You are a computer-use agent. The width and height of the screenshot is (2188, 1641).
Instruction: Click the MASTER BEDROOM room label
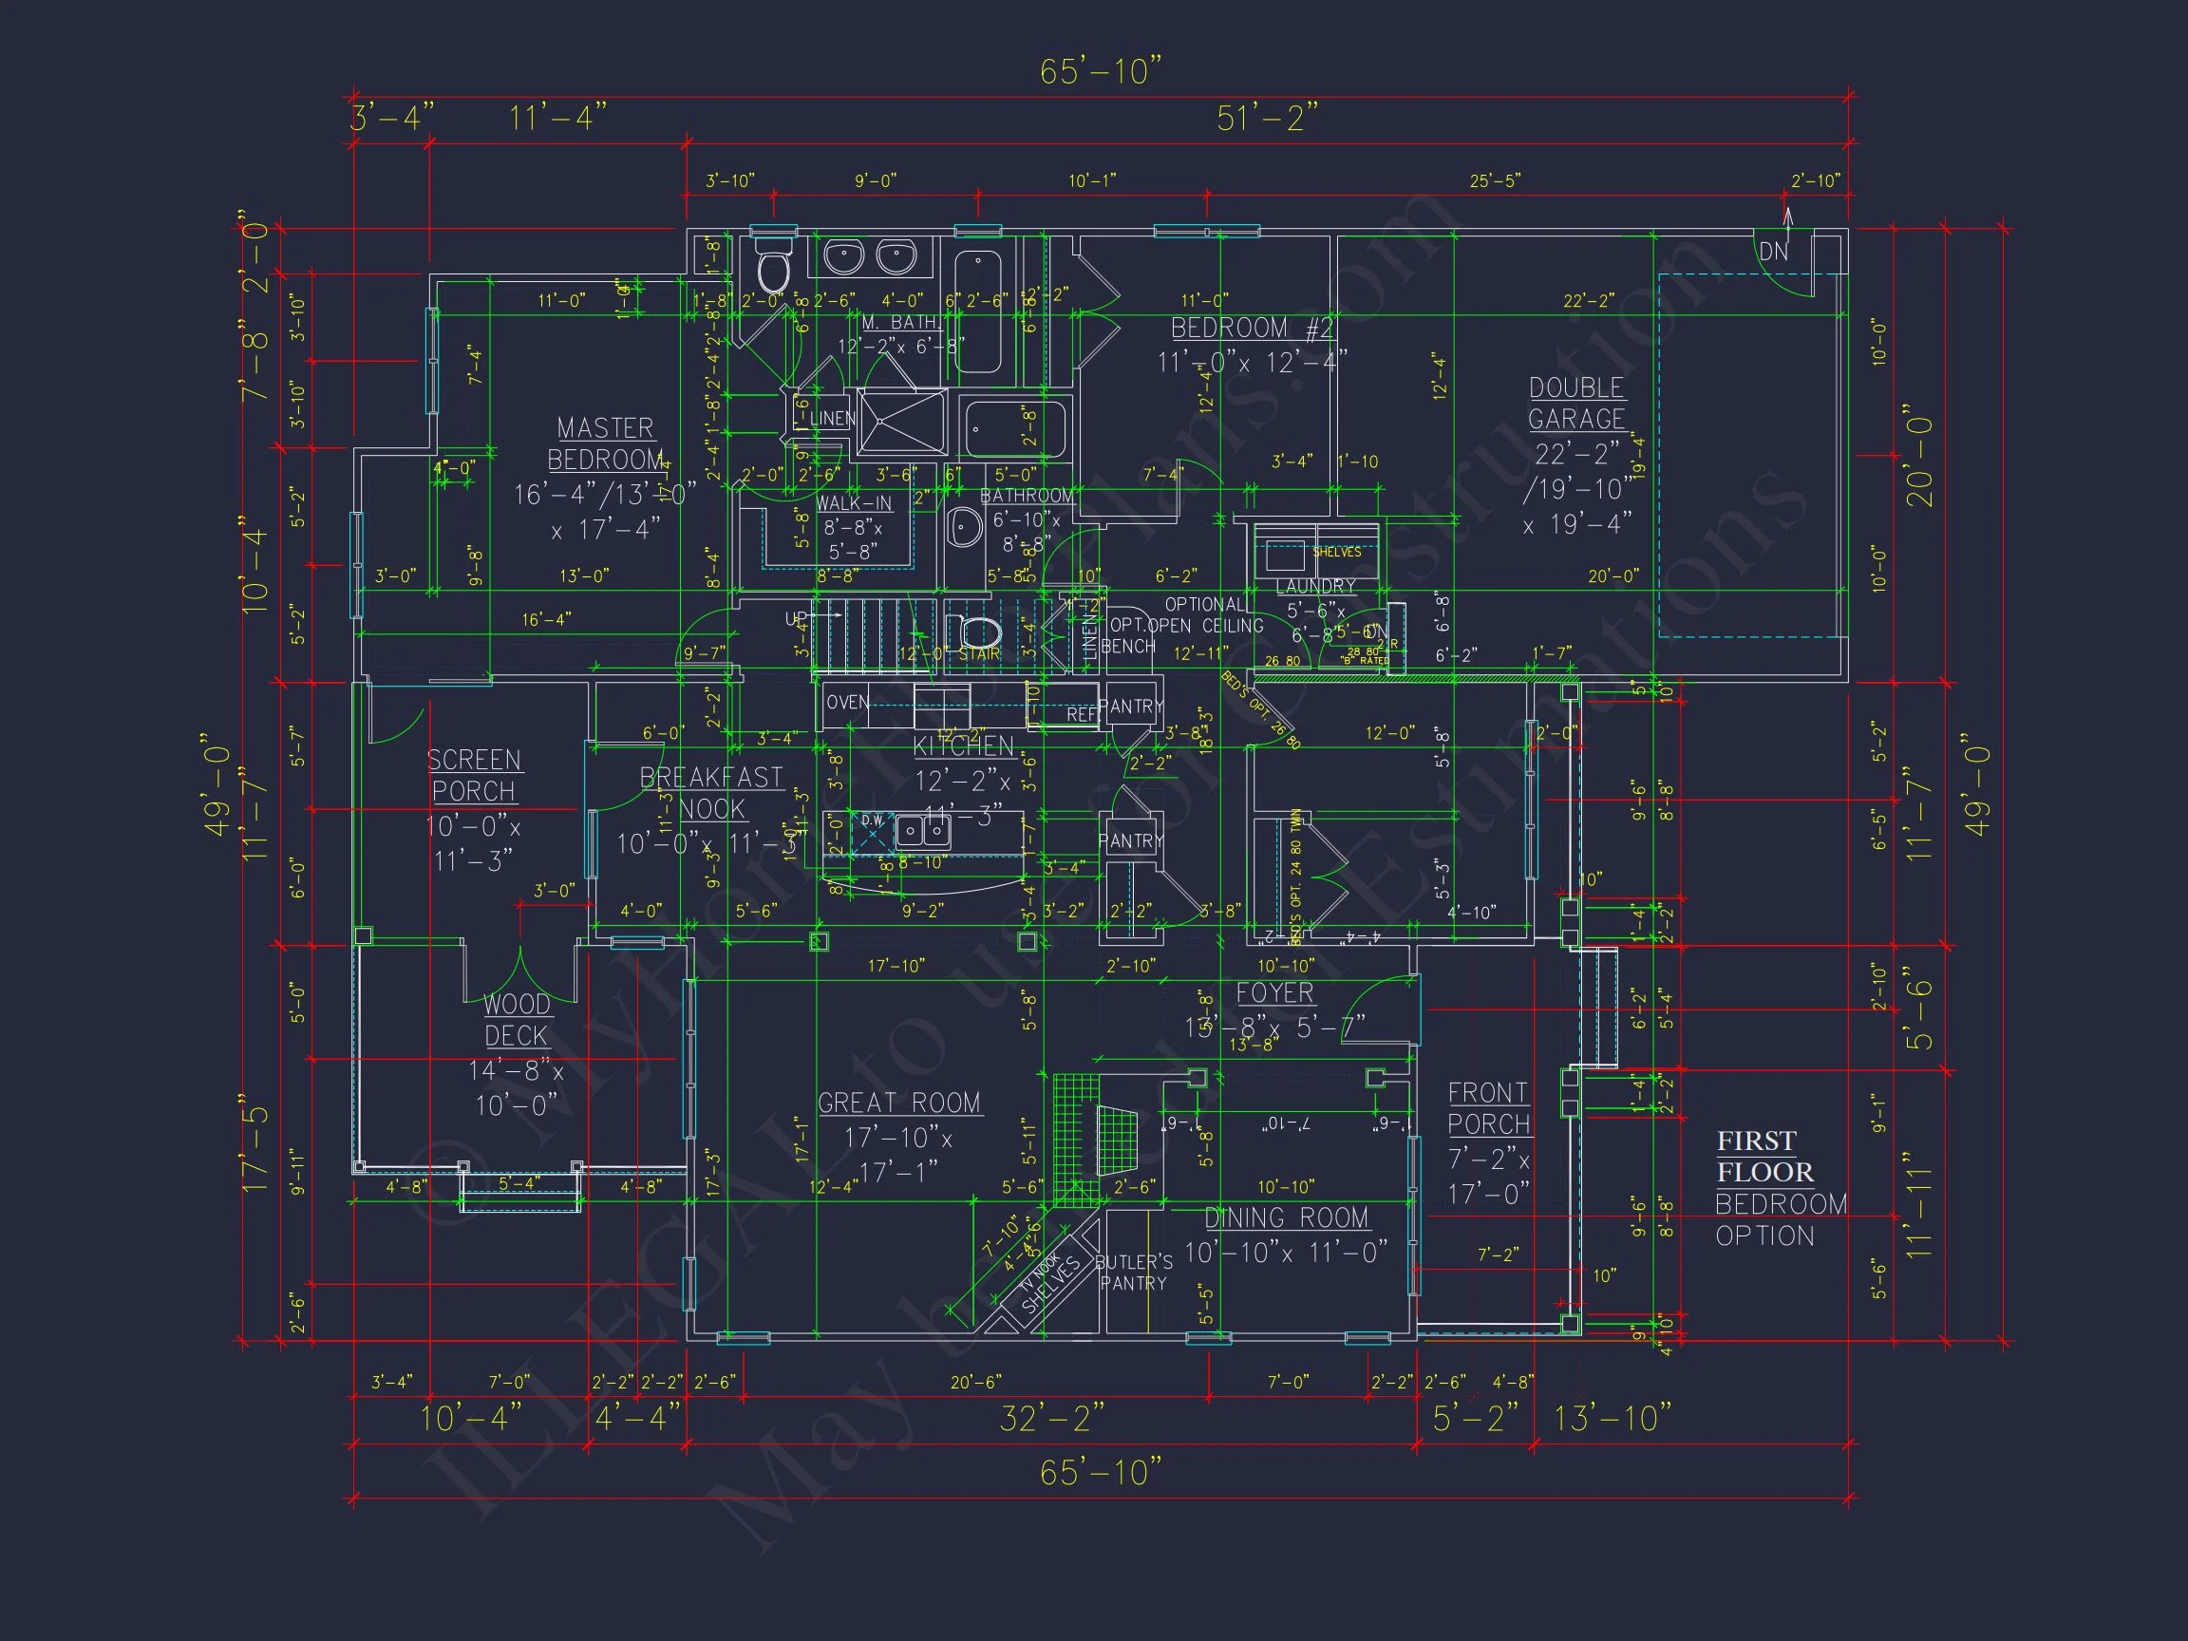click(605, 444)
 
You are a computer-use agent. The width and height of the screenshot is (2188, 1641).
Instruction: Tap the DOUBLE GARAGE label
click(1576, 404)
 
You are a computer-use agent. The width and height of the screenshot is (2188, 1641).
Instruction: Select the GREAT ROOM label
click(899, 1103)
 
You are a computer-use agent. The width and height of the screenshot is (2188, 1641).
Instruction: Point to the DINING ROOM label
click(1287, 1217)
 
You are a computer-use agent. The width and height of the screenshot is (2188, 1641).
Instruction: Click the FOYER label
click(1275, 993)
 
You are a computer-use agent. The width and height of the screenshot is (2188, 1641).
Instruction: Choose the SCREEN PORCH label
click(474, 776)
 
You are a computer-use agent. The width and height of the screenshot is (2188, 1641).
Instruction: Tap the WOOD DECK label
click(517, 1020)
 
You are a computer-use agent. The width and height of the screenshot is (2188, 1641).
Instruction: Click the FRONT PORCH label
click(1489, 1108)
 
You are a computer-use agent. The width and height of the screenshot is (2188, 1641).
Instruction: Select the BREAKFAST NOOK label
click(711, 793)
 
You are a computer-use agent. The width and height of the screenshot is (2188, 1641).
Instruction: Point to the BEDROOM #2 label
click(1253, 329)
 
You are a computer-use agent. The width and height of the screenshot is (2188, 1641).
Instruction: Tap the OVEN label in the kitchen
click(848, 703)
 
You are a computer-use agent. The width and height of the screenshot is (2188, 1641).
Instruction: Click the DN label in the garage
click(1774, 253)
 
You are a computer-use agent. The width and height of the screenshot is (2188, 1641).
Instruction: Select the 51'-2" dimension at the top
click(1267, 119)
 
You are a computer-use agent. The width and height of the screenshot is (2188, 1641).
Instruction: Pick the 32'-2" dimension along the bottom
click(1051, 1419)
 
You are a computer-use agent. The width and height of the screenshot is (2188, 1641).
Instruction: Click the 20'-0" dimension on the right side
click(1920, 455)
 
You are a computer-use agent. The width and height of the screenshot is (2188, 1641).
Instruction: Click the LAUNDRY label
click(1315, 587)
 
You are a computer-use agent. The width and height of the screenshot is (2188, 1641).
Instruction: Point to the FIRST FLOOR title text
click(1764, 1157)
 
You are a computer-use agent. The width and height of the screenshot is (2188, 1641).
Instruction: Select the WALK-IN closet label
click(854, 503)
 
